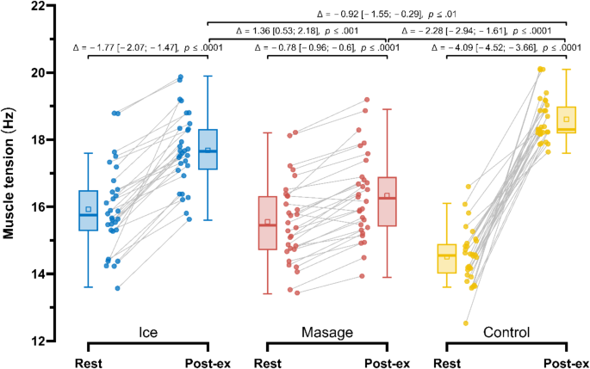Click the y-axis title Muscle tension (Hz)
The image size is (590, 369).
[11, 172]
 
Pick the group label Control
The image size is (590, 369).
[506, 331]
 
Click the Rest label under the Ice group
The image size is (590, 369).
[89, 362]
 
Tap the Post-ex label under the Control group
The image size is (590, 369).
[566, 362]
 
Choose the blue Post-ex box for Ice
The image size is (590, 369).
[208, 150]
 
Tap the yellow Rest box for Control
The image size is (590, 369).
[446, 258]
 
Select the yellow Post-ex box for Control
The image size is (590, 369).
[566, 120]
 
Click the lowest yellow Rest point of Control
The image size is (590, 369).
[466, 323]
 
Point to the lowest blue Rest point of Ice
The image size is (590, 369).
[118, 287]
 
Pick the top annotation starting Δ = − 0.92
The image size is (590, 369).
[387, 15]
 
